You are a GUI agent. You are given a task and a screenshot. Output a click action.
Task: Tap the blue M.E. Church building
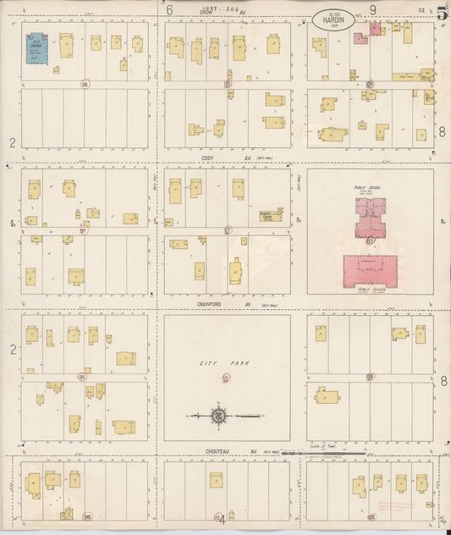tap(36, 47)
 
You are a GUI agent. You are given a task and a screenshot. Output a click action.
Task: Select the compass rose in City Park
tap(218, 416)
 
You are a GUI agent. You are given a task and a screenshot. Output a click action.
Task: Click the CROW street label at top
tap(206, 12)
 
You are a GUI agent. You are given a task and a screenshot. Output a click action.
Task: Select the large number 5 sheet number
tap(442, 12)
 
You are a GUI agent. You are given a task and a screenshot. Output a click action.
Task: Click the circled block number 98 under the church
tap(84, 84)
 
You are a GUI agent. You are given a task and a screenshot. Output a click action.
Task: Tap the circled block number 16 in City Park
tap(226, 377)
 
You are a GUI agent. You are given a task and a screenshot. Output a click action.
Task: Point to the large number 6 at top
tap(169, 10)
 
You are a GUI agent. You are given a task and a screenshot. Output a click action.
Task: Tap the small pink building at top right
tap(360, 38)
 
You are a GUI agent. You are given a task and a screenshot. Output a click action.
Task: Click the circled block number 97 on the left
tap(83, 230)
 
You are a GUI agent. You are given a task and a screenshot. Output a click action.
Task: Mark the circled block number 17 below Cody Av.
tap(228, 230)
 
